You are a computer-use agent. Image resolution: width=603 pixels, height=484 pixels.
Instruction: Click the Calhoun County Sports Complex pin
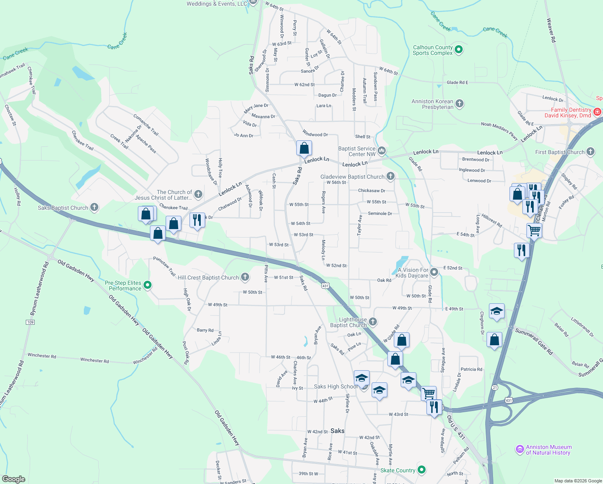(458, 50)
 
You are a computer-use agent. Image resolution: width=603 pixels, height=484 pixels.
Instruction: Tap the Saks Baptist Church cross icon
(94, 208)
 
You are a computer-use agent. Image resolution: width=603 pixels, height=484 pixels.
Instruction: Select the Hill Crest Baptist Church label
(208, 277)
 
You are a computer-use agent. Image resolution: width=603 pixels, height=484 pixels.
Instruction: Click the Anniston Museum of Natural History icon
(520, 449)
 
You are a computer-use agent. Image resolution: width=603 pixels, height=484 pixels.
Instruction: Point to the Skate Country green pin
(422, 470)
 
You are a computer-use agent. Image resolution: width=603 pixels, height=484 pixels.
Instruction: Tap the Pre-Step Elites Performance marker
(148, 285)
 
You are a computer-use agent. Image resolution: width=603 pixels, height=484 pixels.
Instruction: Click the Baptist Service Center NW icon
(382, 151)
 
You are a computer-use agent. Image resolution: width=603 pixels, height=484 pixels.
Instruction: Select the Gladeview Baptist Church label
(352, 177)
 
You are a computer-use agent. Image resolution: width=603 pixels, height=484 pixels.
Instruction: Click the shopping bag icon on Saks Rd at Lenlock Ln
(304, 148)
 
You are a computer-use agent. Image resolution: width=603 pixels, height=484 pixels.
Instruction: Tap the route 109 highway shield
(30, 322)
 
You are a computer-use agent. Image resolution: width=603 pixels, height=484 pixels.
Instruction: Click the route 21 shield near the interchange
(495, 387)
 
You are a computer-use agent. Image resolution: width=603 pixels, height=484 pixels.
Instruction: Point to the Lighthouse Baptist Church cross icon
(373, 321)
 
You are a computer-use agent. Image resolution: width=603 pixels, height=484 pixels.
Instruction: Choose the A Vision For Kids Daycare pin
(434, 272)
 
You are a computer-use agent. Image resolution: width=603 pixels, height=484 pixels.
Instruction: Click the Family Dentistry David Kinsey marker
(597, 112)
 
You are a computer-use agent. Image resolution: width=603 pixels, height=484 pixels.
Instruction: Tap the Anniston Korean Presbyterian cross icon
(459, 104)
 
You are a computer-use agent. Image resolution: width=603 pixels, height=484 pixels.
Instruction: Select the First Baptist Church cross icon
(591, 152)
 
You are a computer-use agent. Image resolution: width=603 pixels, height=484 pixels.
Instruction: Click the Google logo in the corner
(13, 479)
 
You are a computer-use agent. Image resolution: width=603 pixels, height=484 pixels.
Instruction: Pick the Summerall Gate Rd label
(534, 341)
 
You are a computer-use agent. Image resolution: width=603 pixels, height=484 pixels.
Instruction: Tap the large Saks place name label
(337, 431)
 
